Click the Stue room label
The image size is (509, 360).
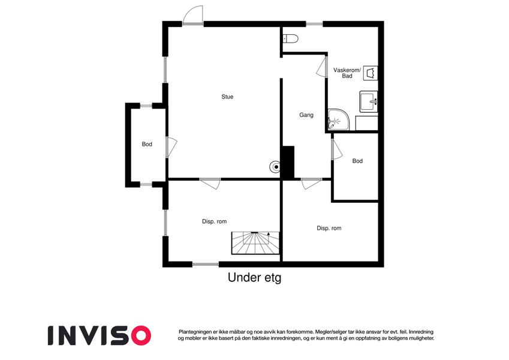(x=227, y=97)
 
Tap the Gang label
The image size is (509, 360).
(x=306, y=115)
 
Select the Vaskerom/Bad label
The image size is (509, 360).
(x=347, y=73)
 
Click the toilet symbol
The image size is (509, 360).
(x=291, y=38)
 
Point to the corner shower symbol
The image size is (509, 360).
(x=338, y=119)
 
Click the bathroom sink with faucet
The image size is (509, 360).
(x=369, y=101)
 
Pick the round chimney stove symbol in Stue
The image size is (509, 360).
(x=276, y=167)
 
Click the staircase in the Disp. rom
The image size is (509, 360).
(x=255, y=243)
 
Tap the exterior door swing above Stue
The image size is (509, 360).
(x=193, y=15)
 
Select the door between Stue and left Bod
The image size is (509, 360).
(x=171, y=147)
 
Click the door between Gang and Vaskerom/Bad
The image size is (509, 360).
(x=323, y=67)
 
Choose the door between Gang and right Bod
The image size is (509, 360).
(x=336, y=149)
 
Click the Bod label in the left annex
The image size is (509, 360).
(x=147, y=144)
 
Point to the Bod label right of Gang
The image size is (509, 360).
(x=357, y=161)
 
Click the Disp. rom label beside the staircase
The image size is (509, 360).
(x=214, y=221)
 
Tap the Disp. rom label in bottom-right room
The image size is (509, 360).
(x=329, y=228)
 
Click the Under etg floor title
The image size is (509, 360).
(x=254, y=277)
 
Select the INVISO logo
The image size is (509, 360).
(x=100, y=335)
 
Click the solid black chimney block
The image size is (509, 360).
(x=288, y=163)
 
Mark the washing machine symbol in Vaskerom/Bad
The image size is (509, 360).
(x=371, y=73)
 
